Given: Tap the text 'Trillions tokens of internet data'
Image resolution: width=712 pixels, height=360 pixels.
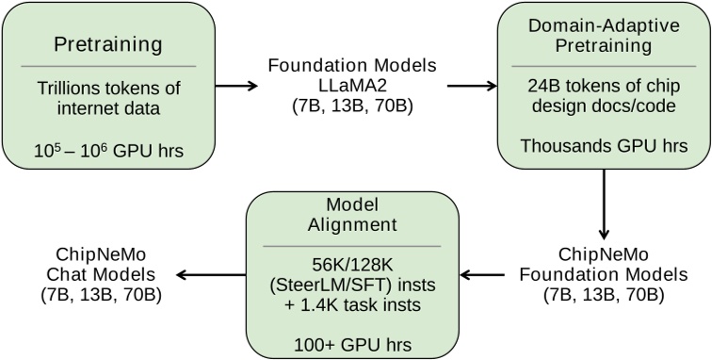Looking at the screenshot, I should (105, 97).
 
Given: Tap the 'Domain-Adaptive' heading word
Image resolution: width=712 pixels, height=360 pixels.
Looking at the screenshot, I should (603, 25).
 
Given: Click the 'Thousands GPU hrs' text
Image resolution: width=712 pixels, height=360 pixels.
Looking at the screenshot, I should (603, 147).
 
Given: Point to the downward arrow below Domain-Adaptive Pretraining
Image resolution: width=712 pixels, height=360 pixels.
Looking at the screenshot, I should (603, 213).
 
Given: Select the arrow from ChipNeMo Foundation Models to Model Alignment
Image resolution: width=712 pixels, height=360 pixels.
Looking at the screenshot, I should (488, 275).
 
